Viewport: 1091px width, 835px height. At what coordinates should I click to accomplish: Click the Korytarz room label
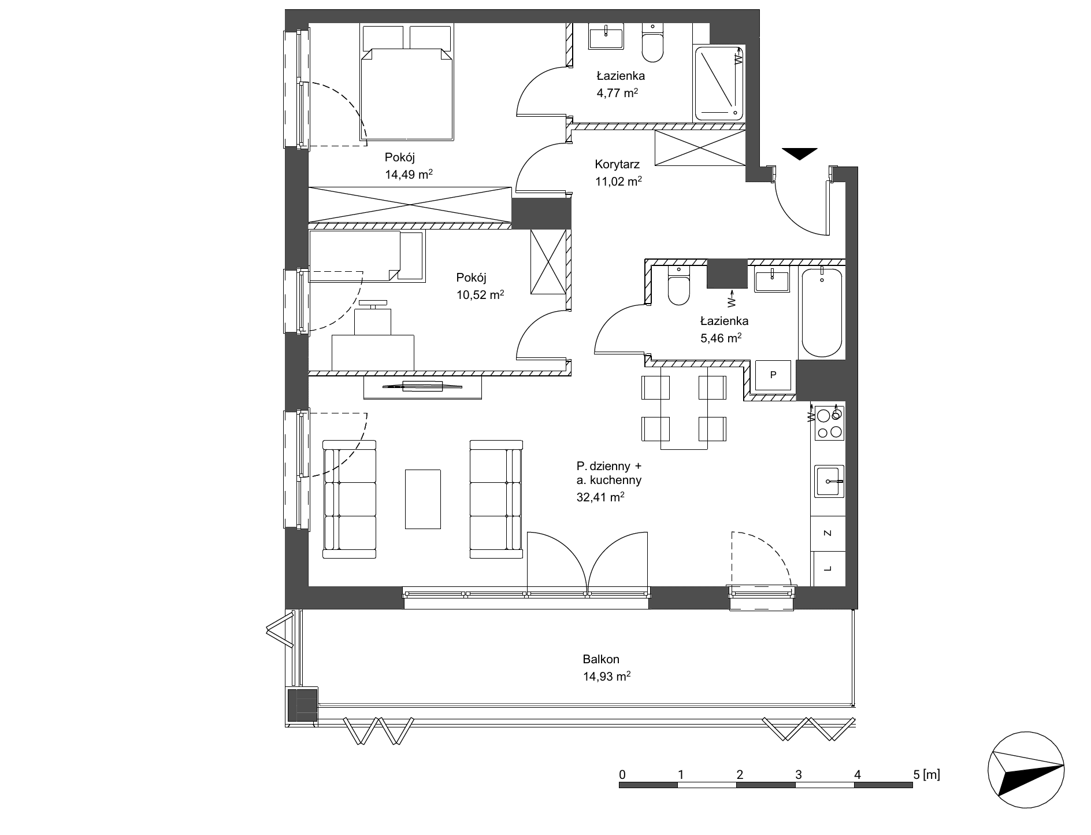[x=617, y=164]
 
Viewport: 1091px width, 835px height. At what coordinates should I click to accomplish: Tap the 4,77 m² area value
[x=617, y=93]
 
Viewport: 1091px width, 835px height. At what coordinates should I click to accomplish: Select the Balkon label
[x=601, y=659]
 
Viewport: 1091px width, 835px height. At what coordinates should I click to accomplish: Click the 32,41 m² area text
[x=600, y=497]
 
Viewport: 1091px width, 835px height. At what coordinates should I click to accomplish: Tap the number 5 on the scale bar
[x=916, y=774]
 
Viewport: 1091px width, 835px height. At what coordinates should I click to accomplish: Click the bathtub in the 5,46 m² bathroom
[x=821, y=312]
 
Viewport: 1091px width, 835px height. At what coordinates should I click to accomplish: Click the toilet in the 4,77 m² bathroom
[x=653, y=42]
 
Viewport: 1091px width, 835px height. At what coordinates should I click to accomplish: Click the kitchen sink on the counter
[x=829, y=481]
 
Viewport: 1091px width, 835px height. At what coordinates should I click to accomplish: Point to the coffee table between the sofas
[x=423, y=499]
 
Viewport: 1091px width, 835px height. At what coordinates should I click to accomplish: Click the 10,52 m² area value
[x=480, y=295]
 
